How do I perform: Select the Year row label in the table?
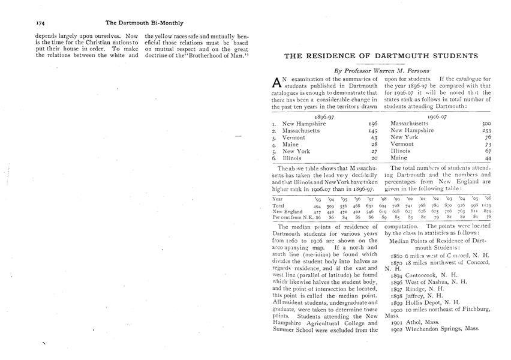pos(278,198)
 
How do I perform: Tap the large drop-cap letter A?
pos(276,83)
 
